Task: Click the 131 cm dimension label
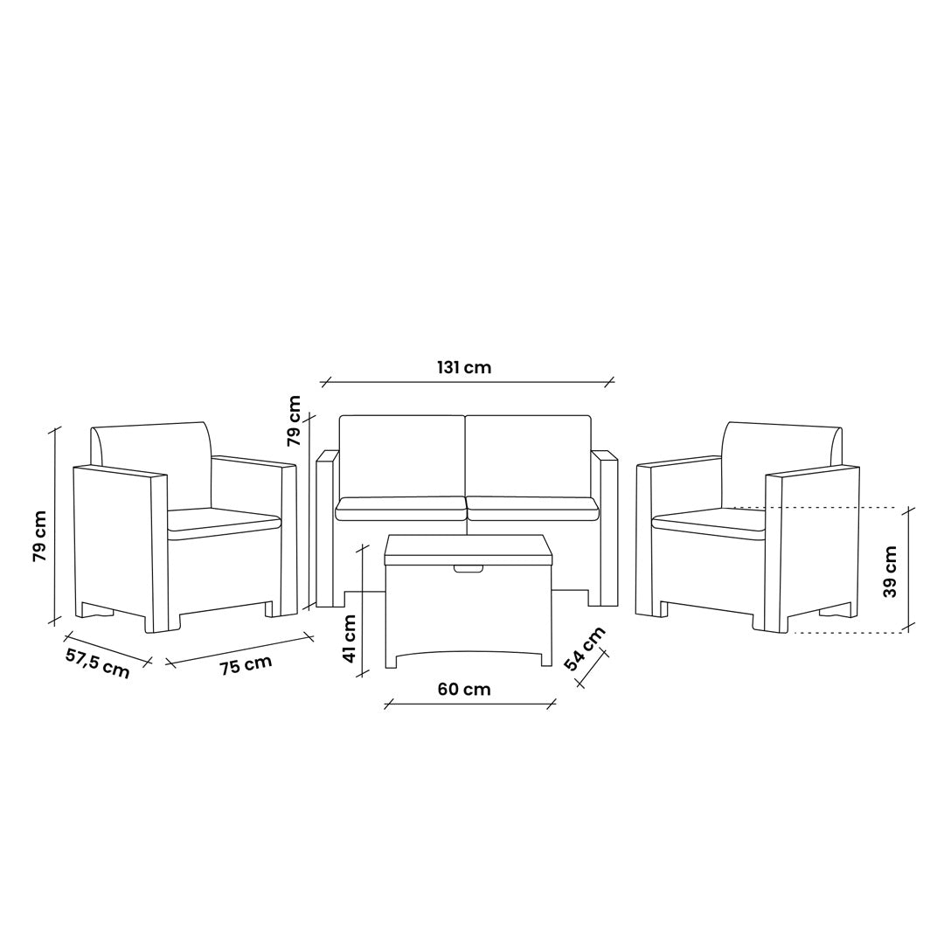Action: click(x=463, y=366)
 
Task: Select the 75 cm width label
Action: click(x=246, y=664)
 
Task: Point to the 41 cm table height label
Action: click(x=350, y=638)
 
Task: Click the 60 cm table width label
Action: click(x=463, y=689)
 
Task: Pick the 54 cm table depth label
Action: click(x=584, y=649)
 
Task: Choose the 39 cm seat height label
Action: click(x=891, y=572)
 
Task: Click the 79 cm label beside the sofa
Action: click(x=294, y=420)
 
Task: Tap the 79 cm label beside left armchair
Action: click(x=39, y=537)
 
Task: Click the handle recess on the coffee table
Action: click(x=469, y=568)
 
